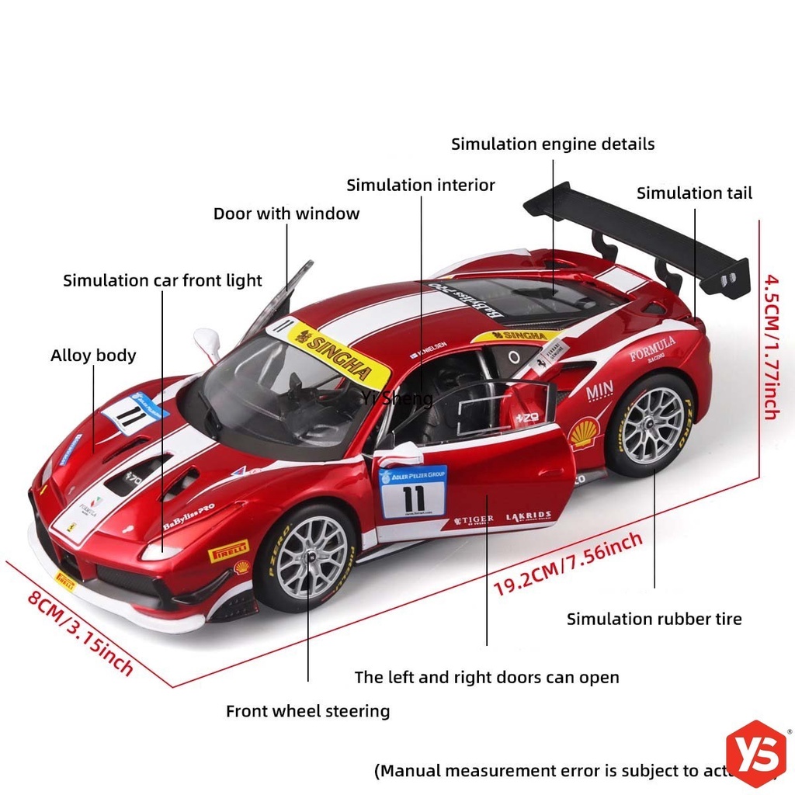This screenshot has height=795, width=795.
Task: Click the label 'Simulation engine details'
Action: tap(553, 144)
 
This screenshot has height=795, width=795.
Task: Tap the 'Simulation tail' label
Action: tap(694, 193)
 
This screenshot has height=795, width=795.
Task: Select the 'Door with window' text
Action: tap(286, 214)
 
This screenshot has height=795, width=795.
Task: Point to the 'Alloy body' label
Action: tap(93, 356)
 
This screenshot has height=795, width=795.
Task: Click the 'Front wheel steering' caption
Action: tap(307, 711)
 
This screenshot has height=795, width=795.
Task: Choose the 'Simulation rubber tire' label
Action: tap(654, 619)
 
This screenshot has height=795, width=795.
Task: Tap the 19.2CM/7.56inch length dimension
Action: tap(568, 563)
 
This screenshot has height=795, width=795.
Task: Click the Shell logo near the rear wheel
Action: tap(584, 433)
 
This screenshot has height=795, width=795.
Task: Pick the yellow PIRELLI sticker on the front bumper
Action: tap(227, 550)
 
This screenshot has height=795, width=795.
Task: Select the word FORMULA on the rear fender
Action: tap(652, 349)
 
